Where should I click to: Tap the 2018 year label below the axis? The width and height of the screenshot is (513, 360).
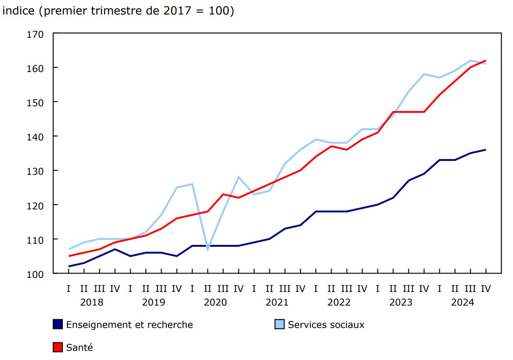(x=92, y=302)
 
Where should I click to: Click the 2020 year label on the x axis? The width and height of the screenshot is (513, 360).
(x=215, y=302)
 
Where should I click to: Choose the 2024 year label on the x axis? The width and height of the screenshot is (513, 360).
(x=462, y=302)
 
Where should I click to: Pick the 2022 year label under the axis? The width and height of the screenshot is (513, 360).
(x=339, y=302)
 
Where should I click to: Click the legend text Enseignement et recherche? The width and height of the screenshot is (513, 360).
(x=130, y=325)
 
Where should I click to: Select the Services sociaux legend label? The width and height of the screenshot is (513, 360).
(x=326, y=325)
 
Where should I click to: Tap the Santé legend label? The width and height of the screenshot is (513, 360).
(x=79, y=347)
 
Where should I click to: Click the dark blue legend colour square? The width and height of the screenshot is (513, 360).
(x=58, y=324)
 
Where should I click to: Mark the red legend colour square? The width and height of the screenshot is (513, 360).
(x=58, y=347)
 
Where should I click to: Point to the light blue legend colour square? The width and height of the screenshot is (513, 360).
(x=279, y=324)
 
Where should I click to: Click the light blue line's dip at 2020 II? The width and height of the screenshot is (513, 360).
(x=208, y=249)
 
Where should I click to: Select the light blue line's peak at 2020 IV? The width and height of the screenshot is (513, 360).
(x=238, y=177)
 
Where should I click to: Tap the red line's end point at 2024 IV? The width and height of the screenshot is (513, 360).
(x=485, y=61)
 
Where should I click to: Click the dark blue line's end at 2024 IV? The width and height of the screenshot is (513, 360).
(x=485, y=150)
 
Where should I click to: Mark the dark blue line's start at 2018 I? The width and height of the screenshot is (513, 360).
(x=69, y=266)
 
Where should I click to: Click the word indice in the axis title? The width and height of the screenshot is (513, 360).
(x=18, y=11)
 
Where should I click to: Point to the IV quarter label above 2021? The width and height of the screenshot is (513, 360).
(x=300, y=288)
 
